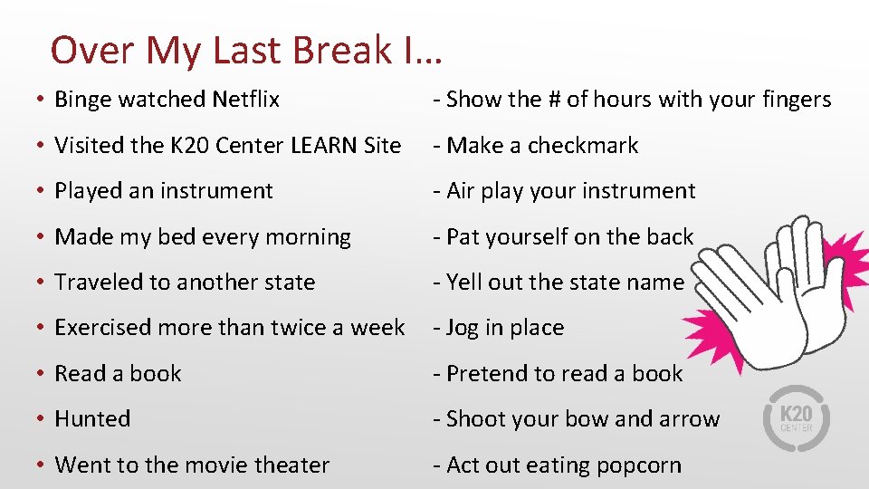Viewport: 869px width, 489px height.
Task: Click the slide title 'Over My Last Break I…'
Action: click(246, 51)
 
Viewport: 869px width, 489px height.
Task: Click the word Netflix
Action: click(245, 100)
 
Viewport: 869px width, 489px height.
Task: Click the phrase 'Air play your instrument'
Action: click(570, 191)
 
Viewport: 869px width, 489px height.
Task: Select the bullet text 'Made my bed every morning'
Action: click(203, 237)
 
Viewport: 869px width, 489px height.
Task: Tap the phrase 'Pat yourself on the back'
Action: click(569, 237)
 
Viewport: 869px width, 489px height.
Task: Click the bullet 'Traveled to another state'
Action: click(185, 283)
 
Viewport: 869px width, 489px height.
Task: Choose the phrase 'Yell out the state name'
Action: click(565, 283)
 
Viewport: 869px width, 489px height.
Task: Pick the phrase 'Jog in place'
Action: click(504, 328)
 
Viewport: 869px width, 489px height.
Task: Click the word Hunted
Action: click(92, 419)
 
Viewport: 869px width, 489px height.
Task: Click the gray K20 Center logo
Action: click(796, 417)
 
